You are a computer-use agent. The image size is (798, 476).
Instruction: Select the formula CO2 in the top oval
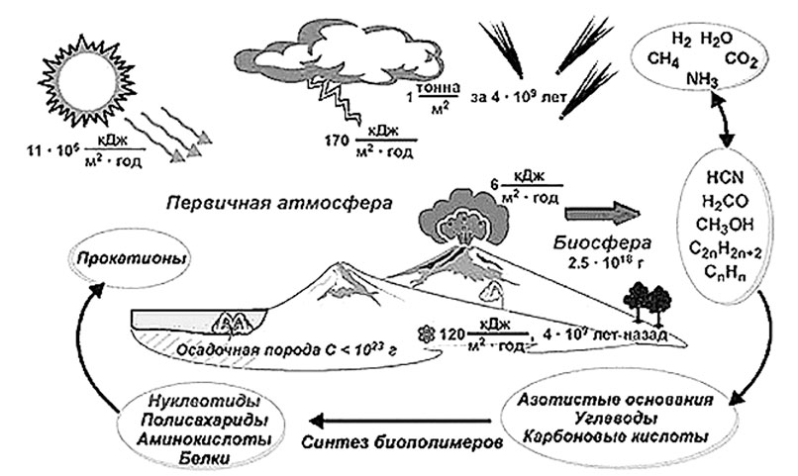tap(741, 60)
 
